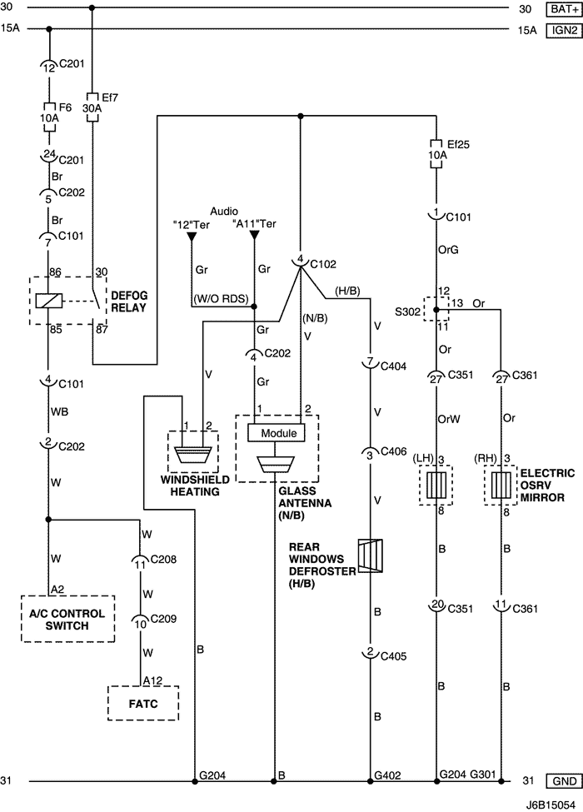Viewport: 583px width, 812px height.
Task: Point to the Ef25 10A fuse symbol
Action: pyautogui.click(x=436, y=153)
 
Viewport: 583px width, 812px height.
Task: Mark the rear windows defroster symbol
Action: pyautogui.click(x=369, y=556)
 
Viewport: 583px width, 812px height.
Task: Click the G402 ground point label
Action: pyautogui.click(x=387, y=775)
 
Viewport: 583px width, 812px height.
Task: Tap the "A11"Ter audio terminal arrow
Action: pyautogui.click(x=255, y=237)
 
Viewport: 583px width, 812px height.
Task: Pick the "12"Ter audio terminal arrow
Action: pyautogui.click(x=192, y=237)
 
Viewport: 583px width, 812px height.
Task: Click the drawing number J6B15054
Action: pyautogui.click(x=551, y=805)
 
